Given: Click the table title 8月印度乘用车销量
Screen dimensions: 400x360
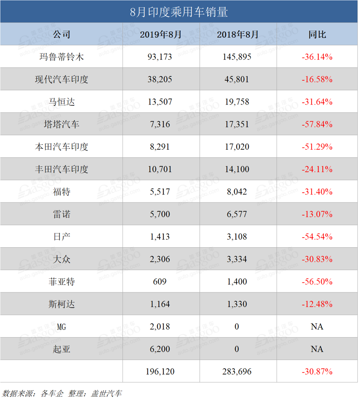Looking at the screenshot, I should (179, 11).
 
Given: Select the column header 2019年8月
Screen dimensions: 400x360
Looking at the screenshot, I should (161, 35).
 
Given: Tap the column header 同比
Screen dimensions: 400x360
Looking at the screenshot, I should (317, 35).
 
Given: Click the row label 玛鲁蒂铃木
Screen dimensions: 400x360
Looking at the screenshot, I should (61, 57).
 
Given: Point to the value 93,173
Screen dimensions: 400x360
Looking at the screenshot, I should (161, 57).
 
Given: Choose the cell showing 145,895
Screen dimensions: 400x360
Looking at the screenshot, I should (238, 57).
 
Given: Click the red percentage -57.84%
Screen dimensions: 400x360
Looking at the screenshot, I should (317, 124).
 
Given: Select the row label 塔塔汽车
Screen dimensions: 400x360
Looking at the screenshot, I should (61, 124).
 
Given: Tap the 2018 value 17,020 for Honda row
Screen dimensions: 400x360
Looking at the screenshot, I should (238, 147).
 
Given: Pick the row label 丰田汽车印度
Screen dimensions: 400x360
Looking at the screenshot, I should (61, 169).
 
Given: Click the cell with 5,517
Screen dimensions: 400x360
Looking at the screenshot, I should (161, 192).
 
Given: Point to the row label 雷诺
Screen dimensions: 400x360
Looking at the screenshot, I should (61, 214).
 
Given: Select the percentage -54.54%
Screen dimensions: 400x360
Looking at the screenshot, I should (317, 237).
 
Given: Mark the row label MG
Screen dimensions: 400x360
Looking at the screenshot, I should (61, 326).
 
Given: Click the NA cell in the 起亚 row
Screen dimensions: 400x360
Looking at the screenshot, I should (317, 349).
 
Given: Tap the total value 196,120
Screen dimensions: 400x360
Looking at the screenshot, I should (161, 371).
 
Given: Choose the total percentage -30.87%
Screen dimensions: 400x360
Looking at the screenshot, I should (317, 371).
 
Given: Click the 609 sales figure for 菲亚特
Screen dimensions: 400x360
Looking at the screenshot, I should (161, 281).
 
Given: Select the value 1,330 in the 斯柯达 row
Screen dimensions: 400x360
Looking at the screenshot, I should (238, 304).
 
